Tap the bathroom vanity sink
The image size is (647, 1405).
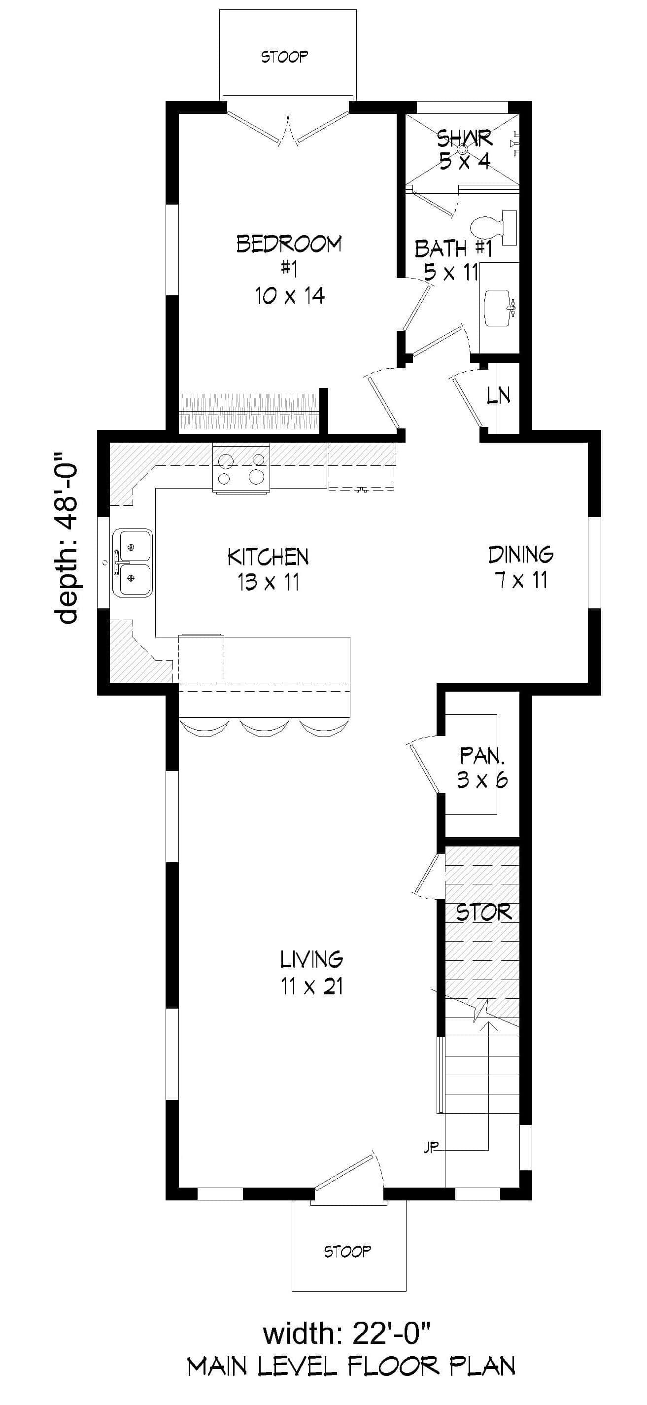click(497, 309)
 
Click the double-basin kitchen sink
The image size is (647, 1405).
click(132, 562)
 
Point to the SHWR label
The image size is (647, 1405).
click(464, 139)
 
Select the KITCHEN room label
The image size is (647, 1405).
click(268, 557)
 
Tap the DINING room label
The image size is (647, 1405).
click(520, 554)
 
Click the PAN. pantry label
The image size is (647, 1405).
click(482, 756)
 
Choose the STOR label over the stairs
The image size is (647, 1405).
click(483, 913)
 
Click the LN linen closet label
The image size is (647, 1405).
click(498, 395)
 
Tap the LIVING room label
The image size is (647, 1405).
click(311, 958)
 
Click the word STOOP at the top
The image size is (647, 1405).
click(284, 57)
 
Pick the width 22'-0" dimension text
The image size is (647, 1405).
click(347, 1334)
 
